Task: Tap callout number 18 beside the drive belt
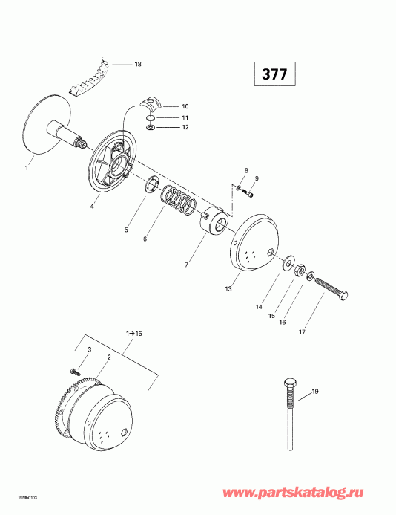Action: point(137,65)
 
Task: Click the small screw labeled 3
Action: point(74,369)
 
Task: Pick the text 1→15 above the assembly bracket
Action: point(113,334)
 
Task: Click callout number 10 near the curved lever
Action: point(185,106)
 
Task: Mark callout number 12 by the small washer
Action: point(185,128)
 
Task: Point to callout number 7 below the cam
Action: point(186,264)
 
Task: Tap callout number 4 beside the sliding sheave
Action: point(93,206)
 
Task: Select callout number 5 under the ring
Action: point(126,230)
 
